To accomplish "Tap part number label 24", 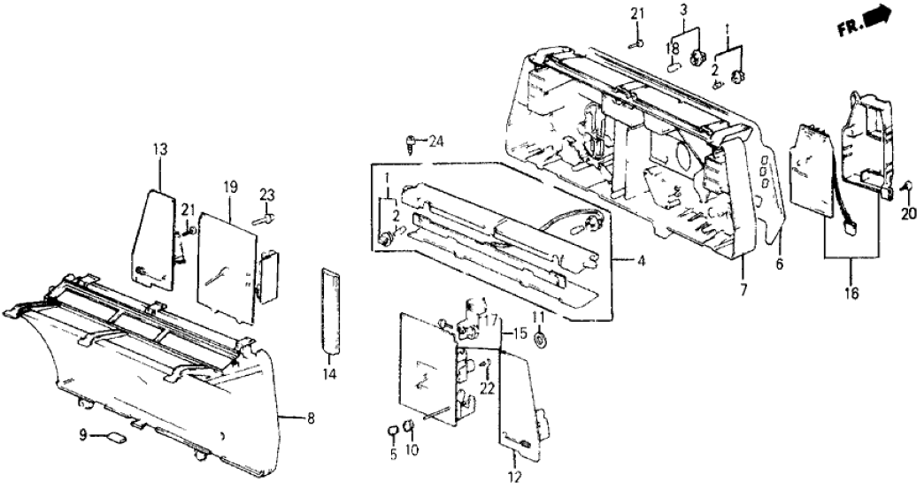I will [x=436, y=141].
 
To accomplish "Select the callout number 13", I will [x=159, y=149].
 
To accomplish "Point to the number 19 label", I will [x=229, y=188].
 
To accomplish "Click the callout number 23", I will [x=267, y=195].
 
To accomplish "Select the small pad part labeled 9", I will [x=115, y=436].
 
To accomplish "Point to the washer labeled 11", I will [x=541, y=340].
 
